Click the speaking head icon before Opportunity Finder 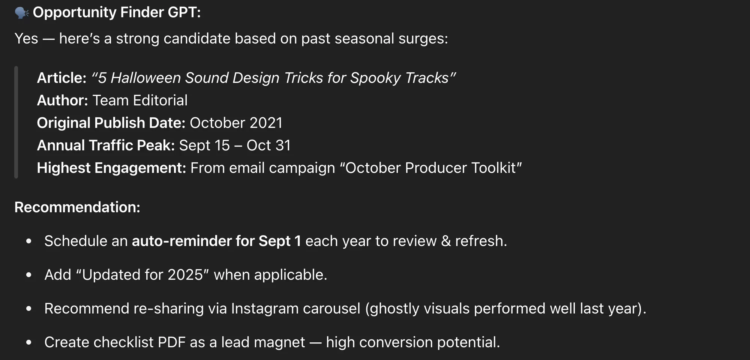click(22, 13)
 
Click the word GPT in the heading click(184, 12)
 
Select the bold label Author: click(63, 100)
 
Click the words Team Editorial click(140, 100)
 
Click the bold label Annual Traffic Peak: click(106, 145)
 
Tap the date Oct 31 click(268, 145)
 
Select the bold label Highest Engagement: click(111, 168)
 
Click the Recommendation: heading click(77, 207)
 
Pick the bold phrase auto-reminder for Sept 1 click(216, 241)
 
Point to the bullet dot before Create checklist click(29, 342)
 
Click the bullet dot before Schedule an click(29, 241)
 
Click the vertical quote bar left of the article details click(16, 122)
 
